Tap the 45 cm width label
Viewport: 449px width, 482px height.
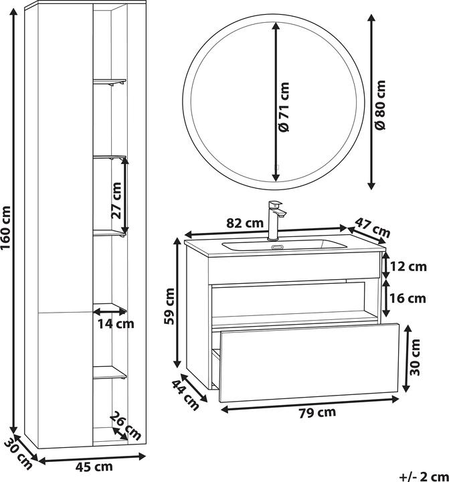click(x=94, y=467)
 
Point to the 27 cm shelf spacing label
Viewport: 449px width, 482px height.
click(x=116, y=200)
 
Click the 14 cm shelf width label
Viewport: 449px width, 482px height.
click(x=116, y=323)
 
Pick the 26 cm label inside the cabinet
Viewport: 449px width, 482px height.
click(x=125, y=426)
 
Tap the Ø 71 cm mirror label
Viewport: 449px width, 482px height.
click(x=284, y=106)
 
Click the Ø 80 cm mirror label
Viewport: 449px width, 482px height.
click(x=380, y=104)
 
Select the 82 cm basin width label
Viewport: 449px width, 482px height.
click(x=245, y=223)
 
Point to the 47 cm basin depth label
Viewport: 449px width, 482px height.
click(x=373, y=227)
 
